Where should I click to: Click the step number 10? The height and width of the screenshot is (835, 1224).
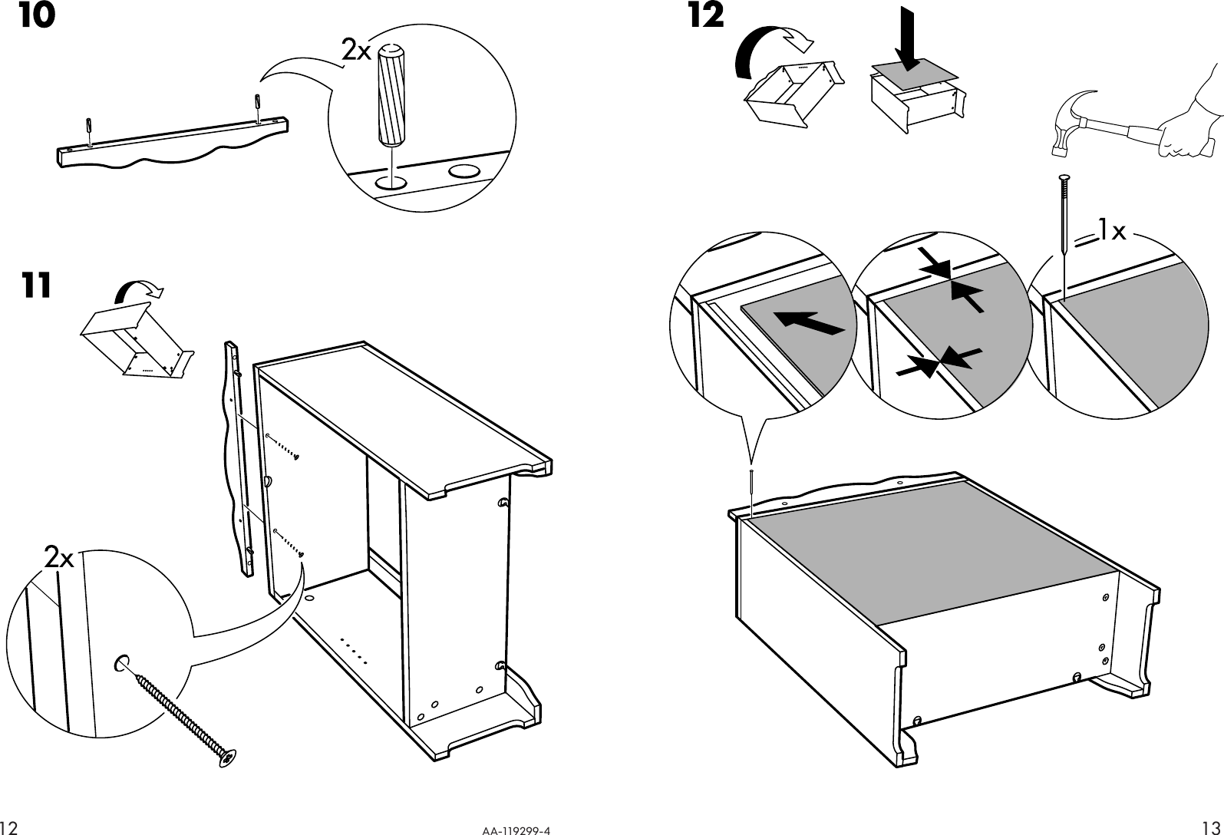tap(37, 17)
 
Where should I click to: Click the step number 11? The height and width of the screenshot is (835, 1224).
tap(36, 285)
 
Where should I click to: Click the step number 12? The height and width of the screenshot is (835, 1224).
tap(705, 17)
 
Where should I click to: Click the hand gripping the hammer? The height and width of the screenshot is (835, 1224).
tap(1186, 130)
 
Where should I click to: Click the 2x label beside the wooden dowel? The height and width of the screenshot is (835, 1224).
tap(356, 51)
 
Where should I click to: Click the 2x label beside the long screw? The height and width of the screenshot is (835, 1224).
tap(58, 558)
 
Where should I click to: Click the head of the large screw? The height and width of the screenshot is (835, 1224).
tap(228, 757)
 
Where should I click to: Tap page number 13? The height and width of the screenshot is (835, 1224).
tap(1212, 827)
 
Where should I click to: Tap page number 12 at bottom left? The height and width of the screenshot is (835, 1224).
tap(9, 827)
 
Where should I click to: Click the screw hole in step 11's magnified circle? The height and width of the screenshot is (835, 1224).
tap(121, 662)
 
